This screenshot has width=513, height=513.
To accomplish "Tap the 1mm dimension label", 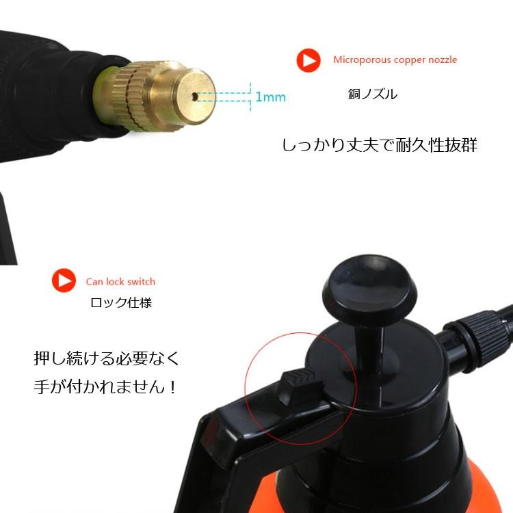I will coord(270,97).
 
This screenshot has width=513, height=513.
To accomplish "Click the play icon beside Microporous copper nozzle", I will coord(308,60).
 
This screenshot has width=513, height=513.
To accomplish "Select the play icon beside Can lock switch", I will coord(64,280).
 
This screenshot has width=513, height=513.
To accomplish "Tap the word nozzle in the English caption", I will coord(443,60).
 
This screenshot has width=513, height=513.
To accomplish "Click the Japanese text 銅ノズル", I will coord(372,94).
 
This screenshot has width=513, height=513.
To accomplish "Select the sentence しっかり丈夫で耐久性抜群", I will coord(380,146).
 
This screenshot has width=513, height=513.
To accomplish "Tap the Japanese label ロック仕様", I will coord(121,302).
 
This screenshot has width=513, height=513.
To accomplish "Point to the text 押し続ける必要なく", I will coord(106,358).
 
